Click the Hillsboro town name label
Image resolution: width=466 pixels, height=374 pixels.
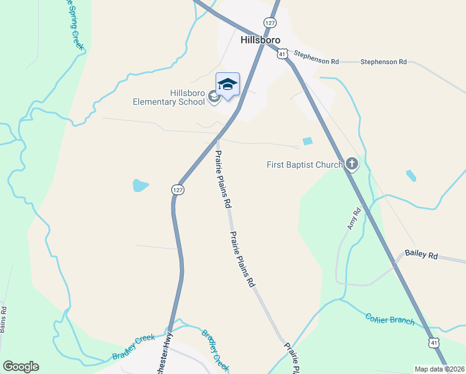point(260,39)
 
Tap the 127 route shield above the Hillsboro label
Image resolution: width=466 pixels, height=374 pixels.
point(269,22)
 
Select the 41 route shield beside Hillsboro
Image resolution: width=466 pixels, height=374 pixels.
point(282,55)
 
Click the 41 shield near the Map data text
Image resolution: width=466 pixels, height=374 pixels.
point(434,342)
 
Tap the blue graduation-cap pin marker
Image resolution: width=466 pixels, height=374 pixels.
point(227,84)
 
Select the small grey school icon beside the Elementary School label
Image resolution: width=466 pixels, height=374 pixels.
point(214,97)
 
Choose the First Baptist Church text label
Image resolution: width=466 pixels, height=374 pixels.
point(305,165)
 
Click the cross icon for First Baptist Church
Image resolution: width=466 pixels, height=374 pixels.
point(352,165)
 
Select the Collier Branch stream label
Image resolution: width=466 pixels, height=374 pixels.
point(389,319)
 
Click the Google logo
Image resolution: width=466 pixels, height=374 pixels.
point(21,367)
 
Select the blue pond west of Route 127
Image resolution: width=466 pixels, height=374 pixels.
point(141,185)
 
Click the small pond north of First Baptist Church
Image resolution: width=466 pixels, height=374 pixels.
point(307,142)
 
